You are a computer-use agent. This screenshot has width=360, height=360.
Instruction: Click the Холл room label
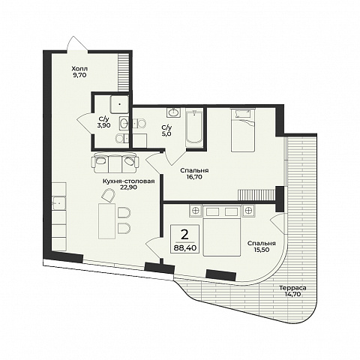click(79, 68)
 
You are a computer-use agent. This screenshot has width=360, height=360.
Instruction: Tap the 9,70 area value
click(79, 75)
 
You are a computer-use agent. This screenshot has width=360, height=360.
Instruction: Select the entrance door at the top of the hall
click(77, 44)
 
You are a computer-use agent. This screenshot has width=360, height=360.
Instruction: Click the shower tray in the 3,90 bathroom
click(120, 103)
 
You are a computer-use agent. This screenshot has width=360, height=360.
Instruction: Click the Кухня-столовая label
click(128, 181)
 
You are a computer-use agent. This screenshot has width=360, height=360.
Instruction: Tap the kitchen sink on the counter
click(59, 203)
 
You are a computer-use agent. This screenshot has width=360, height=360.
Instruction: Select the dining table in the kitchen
click(107, 221)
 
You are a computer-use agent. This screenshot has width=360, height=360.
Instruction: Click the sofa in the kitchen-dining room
click(116, 162)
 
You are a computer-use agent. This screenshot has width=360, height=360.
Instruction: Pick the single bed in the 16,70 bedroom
click(243, 130)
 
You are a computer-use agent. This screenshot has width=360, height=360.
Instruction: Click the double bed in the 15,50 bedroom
click(222, 230)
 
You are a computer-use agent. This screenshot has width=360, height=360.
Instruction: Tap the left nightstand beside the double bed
click(196, 211)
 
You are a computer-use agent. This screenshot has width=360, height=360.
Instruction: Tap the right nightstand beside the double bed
click(248, 211)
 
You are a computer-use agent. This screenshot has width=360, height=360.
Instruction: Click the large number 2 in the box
click(184, 235)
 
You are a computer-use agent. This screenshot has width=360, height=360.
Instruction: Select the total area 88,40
click(185, 247)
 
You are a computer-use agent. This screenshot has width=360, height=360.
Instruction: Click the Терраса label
click(292, 288)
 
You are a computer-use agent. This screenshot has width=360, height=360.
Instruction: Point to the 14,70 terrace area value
click(292, 294)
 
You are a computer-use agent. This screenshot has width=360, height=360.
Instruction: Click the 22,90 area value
click(128, 187)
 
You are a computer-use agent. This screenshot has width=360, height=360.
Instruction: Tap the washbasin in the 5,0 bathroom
click(174, 112)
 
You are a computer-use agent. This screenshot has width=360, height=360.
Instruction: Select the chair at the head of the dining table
click(108, 195)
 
